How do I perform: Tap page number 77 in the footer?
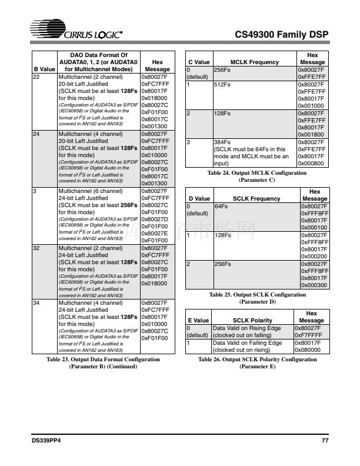[325, 441]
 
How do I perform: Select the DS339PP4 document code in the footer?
[46, 441]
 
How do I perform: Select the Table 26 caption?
[258, 362]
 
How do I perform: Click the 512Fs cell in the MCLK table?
[221, 85]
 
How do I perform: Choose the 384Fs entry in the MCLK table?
[221, 142]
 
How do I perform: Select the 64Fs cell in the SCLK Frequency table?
[221, 207]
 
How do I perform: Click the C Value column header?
[198, 62]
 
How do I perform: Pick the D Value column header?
[198, 199]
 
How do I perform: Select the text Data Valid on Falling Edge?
[247, 343]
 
